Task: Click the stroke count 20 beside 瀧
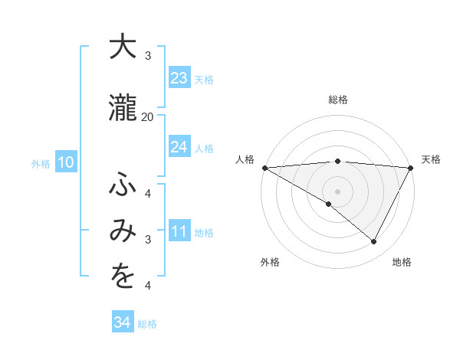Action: click(147, 116)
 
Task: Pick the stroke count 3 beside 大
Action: click(148, 56)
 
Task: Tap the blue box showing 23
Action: click(179, 78)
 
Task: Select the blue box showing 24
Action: click(179, 147)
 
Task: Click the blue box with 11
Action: click(179, 231)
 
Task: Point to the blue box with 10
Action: click(66, 162)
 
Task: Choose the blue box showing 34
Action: click(122, 322)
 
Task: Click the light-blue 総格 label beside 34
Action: click(147, 324)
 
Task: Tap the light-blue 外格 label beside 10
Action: click(41, 163)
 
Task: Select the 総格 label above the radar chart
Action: click(337, 100)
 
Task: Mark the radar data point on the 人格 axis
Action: click(264, 168)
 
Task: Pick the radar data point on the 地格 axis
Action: click(374, 242)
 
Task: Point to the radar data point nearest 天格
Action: click(410, 168)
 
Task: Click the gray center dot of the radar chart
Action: click(337, 191)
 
